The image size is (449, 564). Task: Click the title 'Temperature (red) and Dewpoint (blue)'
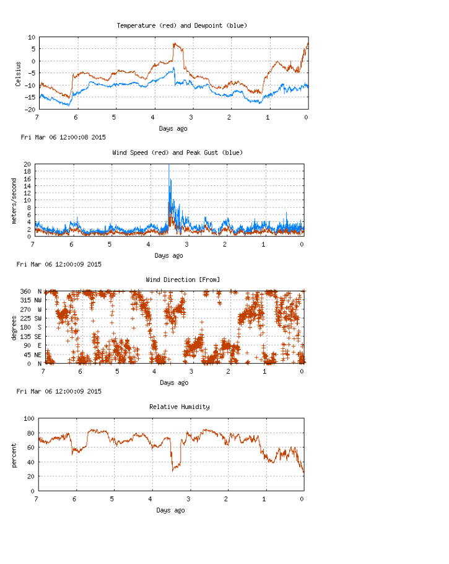pyautogui.click(x=182, y=25)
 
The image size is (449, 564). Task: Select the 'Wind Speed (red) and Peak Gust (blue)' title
pyautogui.click(x=177, y=152)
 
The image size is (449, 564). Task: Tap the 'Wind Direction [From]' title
pyautogui.click(x=183, y=280)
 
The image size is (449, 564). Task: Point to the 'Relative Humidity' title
pyautogui.click(x=179, y=407)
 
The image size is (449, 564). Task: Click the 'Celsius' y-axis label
pyautogui.click(x=19, y=73)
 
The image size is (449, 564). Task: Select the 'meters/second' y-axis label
pyautogui.click(x=14, y=200)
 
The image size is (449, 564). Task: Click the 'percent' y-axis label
pyautogui.click(x=14, y=455)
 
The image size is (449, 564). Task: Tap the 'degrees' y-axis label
pyautogui.click(x=14, y=327)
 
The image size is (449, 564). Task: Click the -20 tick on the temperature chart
pyautogui.click(x=29, y=110)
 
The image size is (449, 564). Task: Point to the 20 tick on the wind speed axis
pyautogui.click(x=27, y=164)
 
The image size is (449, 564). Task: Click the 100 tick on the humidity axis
pyautogui.click(x=28, y=418)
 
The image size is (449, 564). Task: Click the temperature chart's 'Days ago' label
pyautogui.click(x=173, y=128)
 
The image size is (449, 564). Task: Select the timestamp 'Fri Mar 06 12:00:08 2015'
pyautogui.click(x=63, y=137)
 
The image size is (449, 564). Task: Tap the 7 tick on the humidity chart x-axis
pyautogui.click(x=37, y=499)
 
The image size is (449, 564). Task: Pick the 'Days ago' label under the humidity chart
pyautogui.click(x=170, y=510)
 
